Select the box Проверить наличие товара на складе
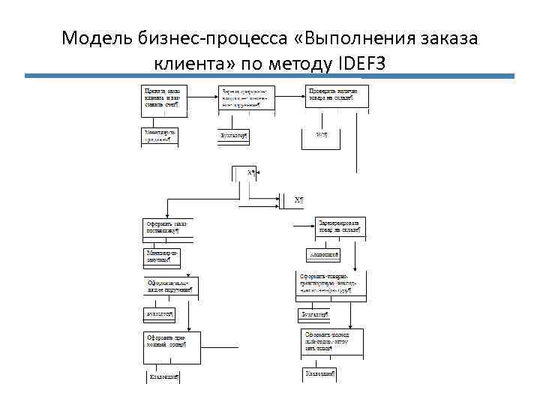(x=334, y=97)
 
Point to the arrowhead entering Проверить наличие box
(x=303, y=97)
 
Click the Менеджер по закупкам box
(x=161, y=256)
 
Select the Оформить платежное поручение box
(x=169, y=287)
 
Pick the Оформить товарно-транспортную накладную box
(x=334, y=285)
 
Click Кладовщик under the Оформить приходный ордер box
(x=161, y=377)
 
